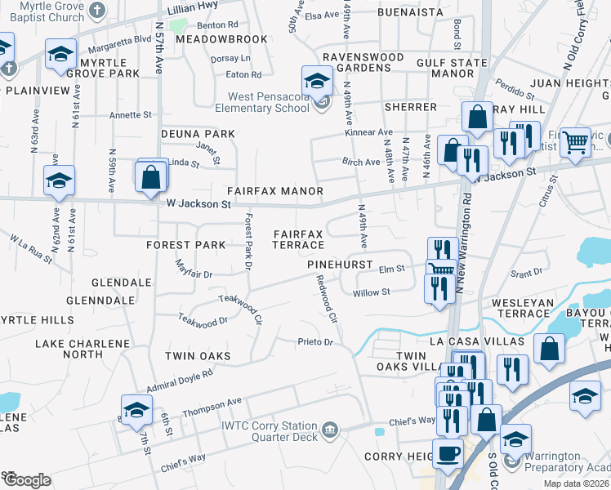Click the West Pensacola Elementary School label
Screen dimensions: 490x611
(x=263, y=101)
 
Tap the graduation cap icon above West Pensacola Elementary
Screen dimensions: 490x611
(x=317, y=80)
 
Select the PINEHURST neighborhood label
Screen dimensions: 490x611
(x=340, y=265)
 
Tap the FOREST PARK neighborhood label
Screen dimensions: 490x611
(x=185, y=245)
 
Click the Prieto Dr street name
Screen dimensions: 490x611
(x=316, y=342)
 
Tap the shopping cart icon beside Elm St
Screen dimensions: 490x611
(x=441, y=269)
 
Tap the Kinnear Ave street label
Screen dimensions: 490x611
(x=368, y=131)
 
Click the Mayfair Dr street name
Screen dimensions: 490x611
(x=194, y=269)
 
